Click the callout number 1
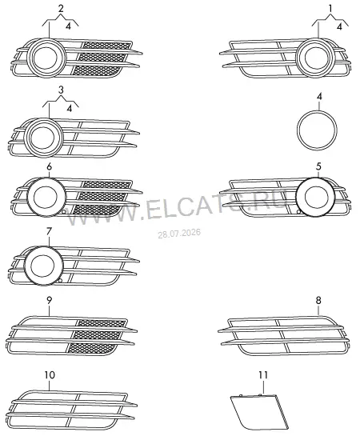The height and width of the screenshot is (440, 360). pyautogui.click(x=330, y=9)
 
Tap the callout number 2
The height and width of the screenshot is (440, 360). pyautogui.click(x=61, y=9)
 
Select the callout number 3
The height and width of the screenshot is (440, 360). pyautogui.click(x=61, y=90)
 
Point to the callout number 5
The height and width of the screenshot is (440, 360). pyautogui.click(x=318, y=166)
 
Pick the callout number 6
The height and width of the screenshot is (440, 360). pyautogui.click(x=49, y=166)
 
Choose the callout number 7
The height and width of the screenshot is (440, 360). pyautogui.click(x=49, y=231)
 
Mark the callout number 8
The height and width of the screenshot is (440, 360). pyautogui.click(x=318, y=301)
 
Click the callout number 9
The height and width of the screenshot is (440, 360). pyautogui.click(x=49, y=301)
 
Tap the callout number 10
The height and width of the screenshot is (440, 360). pyautogui.click(x=50, y=375)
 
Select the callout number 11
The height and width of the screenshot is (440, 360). pyautogui.click(x=263, y=375)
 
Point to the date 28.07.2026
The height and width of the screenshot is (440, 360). pyautogui.click(x=179, y=233)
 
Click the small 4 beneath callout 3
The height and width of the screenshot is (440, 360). pyautogui.click(x=69, y=108)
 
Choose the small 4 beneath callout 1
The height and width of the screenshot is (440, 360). pyautogui.click(x=339, y=26)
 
